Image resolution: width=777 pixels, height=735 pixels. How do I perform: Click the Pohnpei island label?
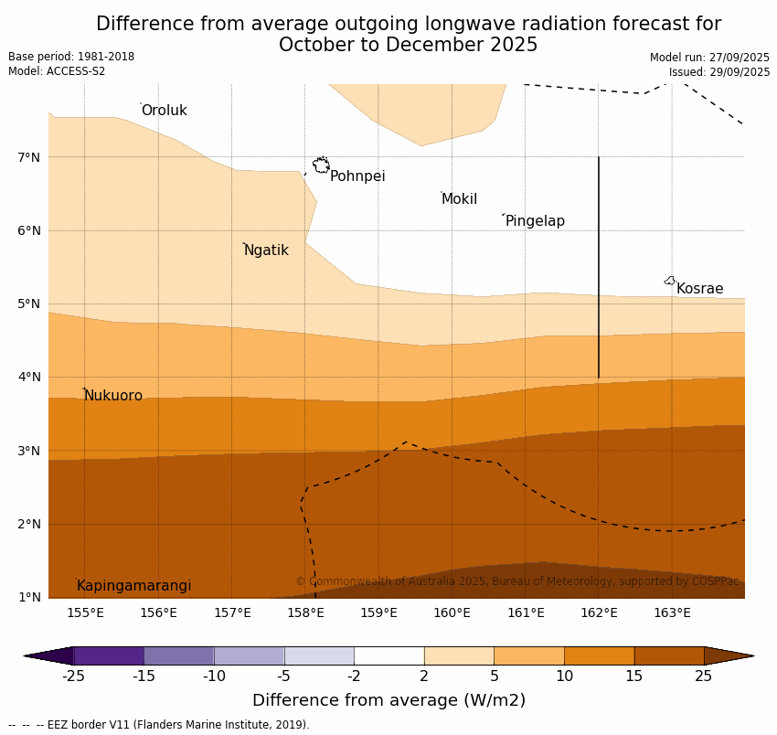pos(357,176)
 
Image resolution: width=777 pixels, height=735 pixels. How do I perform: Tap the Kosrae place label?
pos(699,289)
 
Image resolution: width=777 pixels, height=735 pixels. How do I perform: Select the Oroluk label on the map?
pos(164,111)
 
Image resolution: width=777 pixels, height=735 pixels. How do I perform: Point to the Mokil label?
pos(459,199)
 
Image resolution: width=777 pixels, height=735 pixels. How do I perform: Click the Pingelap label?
pos(535,221)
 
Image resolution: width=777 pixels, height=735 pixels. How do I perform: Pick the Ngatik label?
pos(266,250)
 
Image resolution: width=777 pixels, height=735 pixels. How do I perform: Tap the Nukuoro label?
pos(113,396)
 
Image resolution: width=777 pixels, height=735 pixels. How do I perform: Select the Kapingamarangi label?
pos(133,586)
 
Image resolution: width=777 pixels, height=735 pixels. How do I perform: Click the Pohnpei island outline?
pos(321,165)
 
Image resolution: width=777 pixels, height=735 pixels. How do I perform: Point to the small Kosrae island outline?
pos(670,281)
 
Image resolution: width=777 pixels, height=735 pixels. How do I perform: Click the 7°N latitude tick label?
pos(29,157)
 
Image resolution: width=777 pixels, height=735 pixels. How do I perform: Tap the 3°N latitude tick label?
pos(29,451)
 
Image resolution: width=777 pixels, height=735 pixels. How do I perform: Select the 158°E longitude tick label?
pos(305,612)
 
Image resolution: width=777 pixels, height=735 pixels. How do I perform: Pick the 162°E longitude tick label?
pos(599,612)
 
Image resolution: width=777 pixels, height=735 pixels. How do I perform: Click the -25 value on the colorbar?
pos(73,676)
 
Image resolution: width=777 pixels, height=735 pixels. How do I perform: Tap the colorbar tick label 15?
pos(634,676)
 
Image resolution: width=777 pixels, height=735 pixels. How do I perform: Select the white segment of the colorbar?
pos(388,655)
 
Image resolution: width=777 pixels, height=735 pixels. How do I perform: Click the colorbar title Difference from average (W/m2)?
pos(388,701)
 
